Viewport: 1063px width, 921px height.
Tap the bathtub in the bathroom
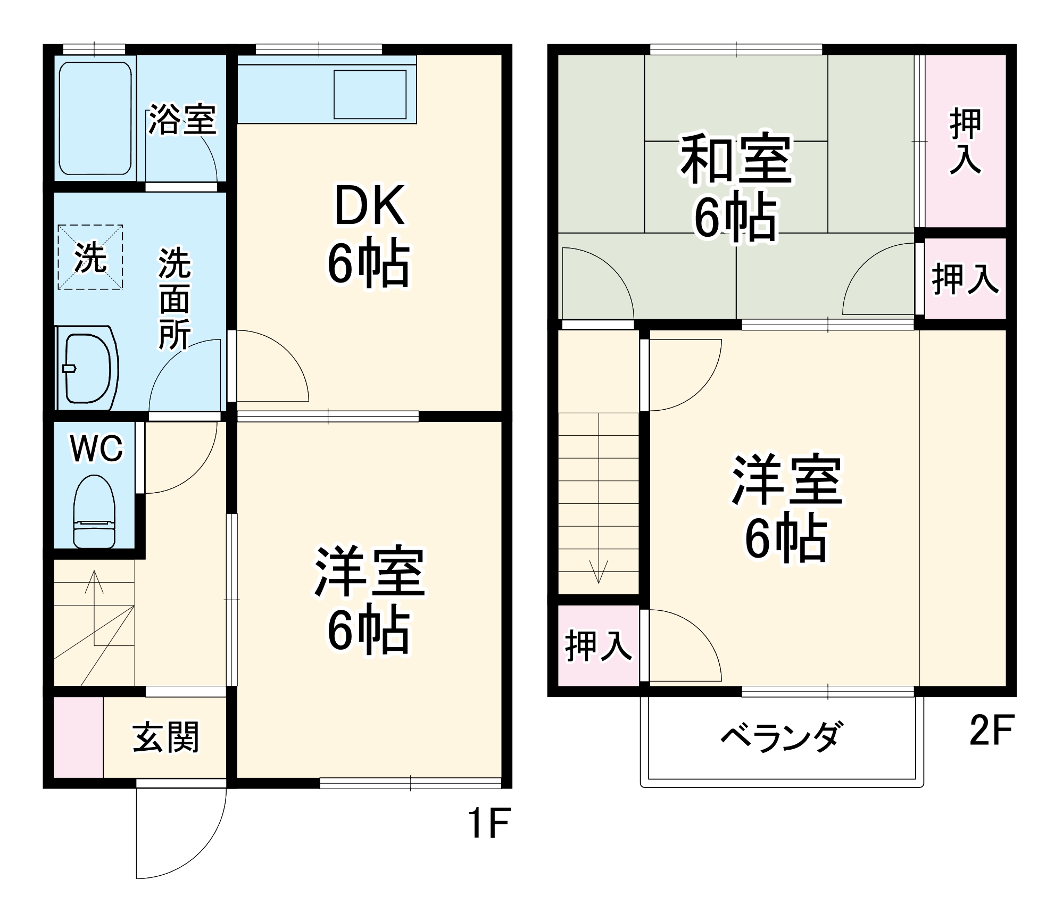[95, 118]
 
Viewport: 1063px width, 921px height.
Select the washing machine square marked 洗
[90, 258]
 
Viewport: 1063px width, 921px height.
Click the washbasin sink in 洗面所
[87, 369]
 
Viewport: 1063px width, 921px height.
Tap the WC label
[96, 449]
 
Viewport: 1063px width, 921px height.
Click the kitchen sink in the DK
[370, 94]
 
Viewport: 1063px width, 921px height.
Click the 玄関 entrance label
[165, 737]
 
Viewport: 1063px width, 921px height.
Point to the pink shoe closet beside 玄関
[78, 737]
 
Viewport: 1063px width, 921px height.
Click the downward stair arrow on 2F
[599, 569]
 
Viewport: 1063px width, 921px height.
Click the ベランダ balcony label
[782, 737]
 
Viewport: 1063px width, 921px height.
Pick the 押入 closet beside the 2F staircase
[599, 646]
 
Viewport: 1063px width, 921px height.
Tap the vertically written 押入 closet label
[965, 141]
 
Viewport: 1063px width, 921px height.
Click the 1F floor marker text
[489, 823]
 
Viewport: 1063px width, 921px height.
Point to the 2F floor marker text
[992, 731]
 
